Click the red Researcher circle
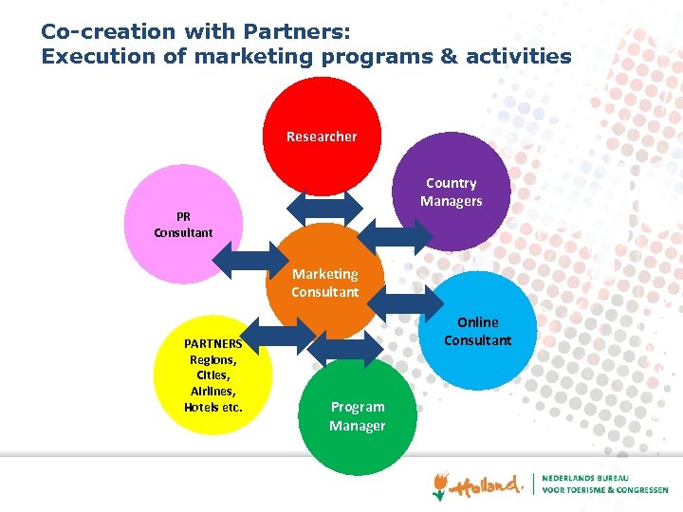click(322, 133)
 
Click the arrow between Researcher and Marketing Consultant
click(323, 208)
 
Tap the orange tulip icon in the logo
click(438, 486)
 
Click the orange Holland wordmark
click(487, 485)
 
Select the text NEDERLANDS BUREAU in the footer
click(588, 477)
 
